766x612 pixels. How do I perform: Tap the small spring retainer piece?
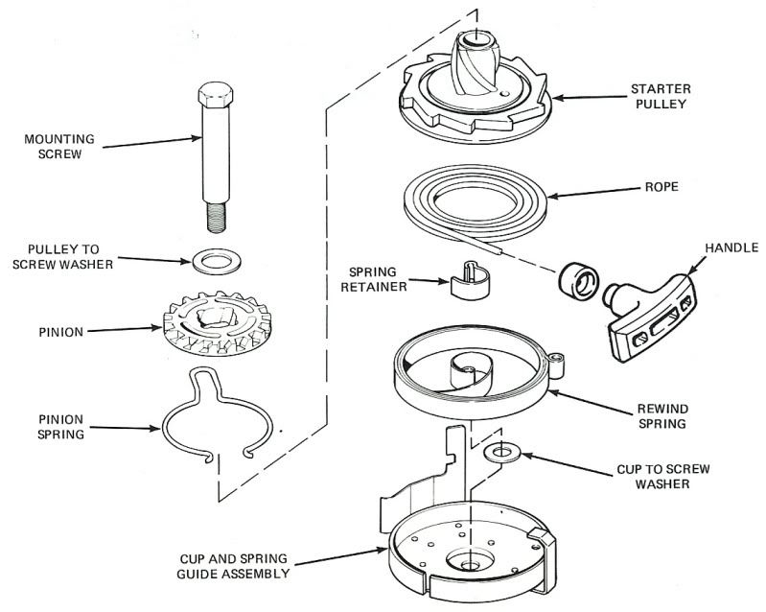469,280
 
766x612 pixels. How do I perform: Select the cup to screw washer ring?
500,452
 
